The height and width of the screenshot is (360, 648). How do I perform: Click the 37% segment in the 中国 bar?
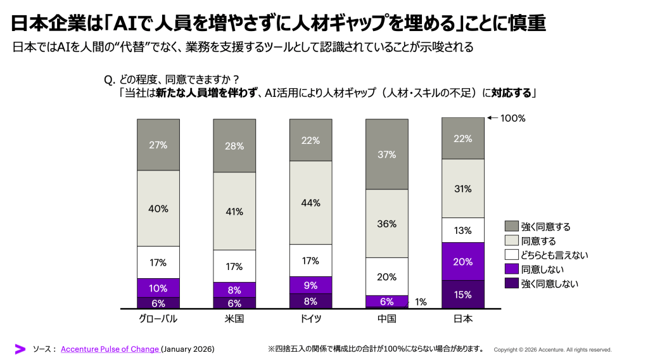click(x=386, y=154)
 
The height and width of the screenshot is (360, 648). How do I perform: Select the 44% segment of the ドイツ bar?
click(x=310, y=203)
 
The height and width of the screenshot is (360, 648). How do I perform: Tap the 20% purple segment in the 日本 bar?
click(x=462, y=261)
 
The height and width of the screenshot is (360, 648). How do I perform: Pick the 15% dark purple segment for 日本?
click(x=462, y=294)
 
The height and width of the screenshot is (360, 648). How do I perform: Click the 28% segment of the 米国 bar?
click(x=234, y=146)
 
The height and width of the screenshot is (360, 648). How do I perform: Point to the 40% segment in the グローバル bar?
click(x=158, y=208)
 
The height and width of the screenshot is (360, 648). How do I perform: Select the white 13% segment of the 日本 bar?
click(x=462, y=230)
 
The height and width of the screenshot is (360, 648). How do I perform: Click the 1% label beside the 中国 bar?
click(x=421, y=302)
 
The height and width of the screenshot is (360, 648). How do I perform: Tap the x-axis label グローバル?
click(x=158, y=319)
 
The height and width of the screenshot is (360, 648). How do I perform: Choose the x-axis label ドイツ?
click(x=310, y=319)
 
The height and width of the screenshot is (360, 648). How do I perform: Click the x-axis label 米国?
click(x=234, y=319)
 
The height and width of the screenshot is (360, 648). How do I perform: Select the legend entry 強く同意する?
click(x=545, y=226)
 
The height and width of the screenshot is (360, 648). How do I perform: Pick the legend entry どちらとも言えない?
click(x=554, y=255)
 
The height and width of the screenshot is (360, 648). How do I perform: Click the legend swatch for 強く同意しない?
click(x=512, y=284)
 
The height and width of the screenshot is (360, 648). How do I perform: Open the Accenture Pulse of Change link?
click(x=110, y=349)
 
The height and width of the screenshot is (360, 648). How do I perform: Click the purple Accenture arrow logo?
click(x=20, y=349)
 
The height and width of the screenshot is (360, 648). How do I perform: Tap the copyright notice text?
click(x=552, y=350)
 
